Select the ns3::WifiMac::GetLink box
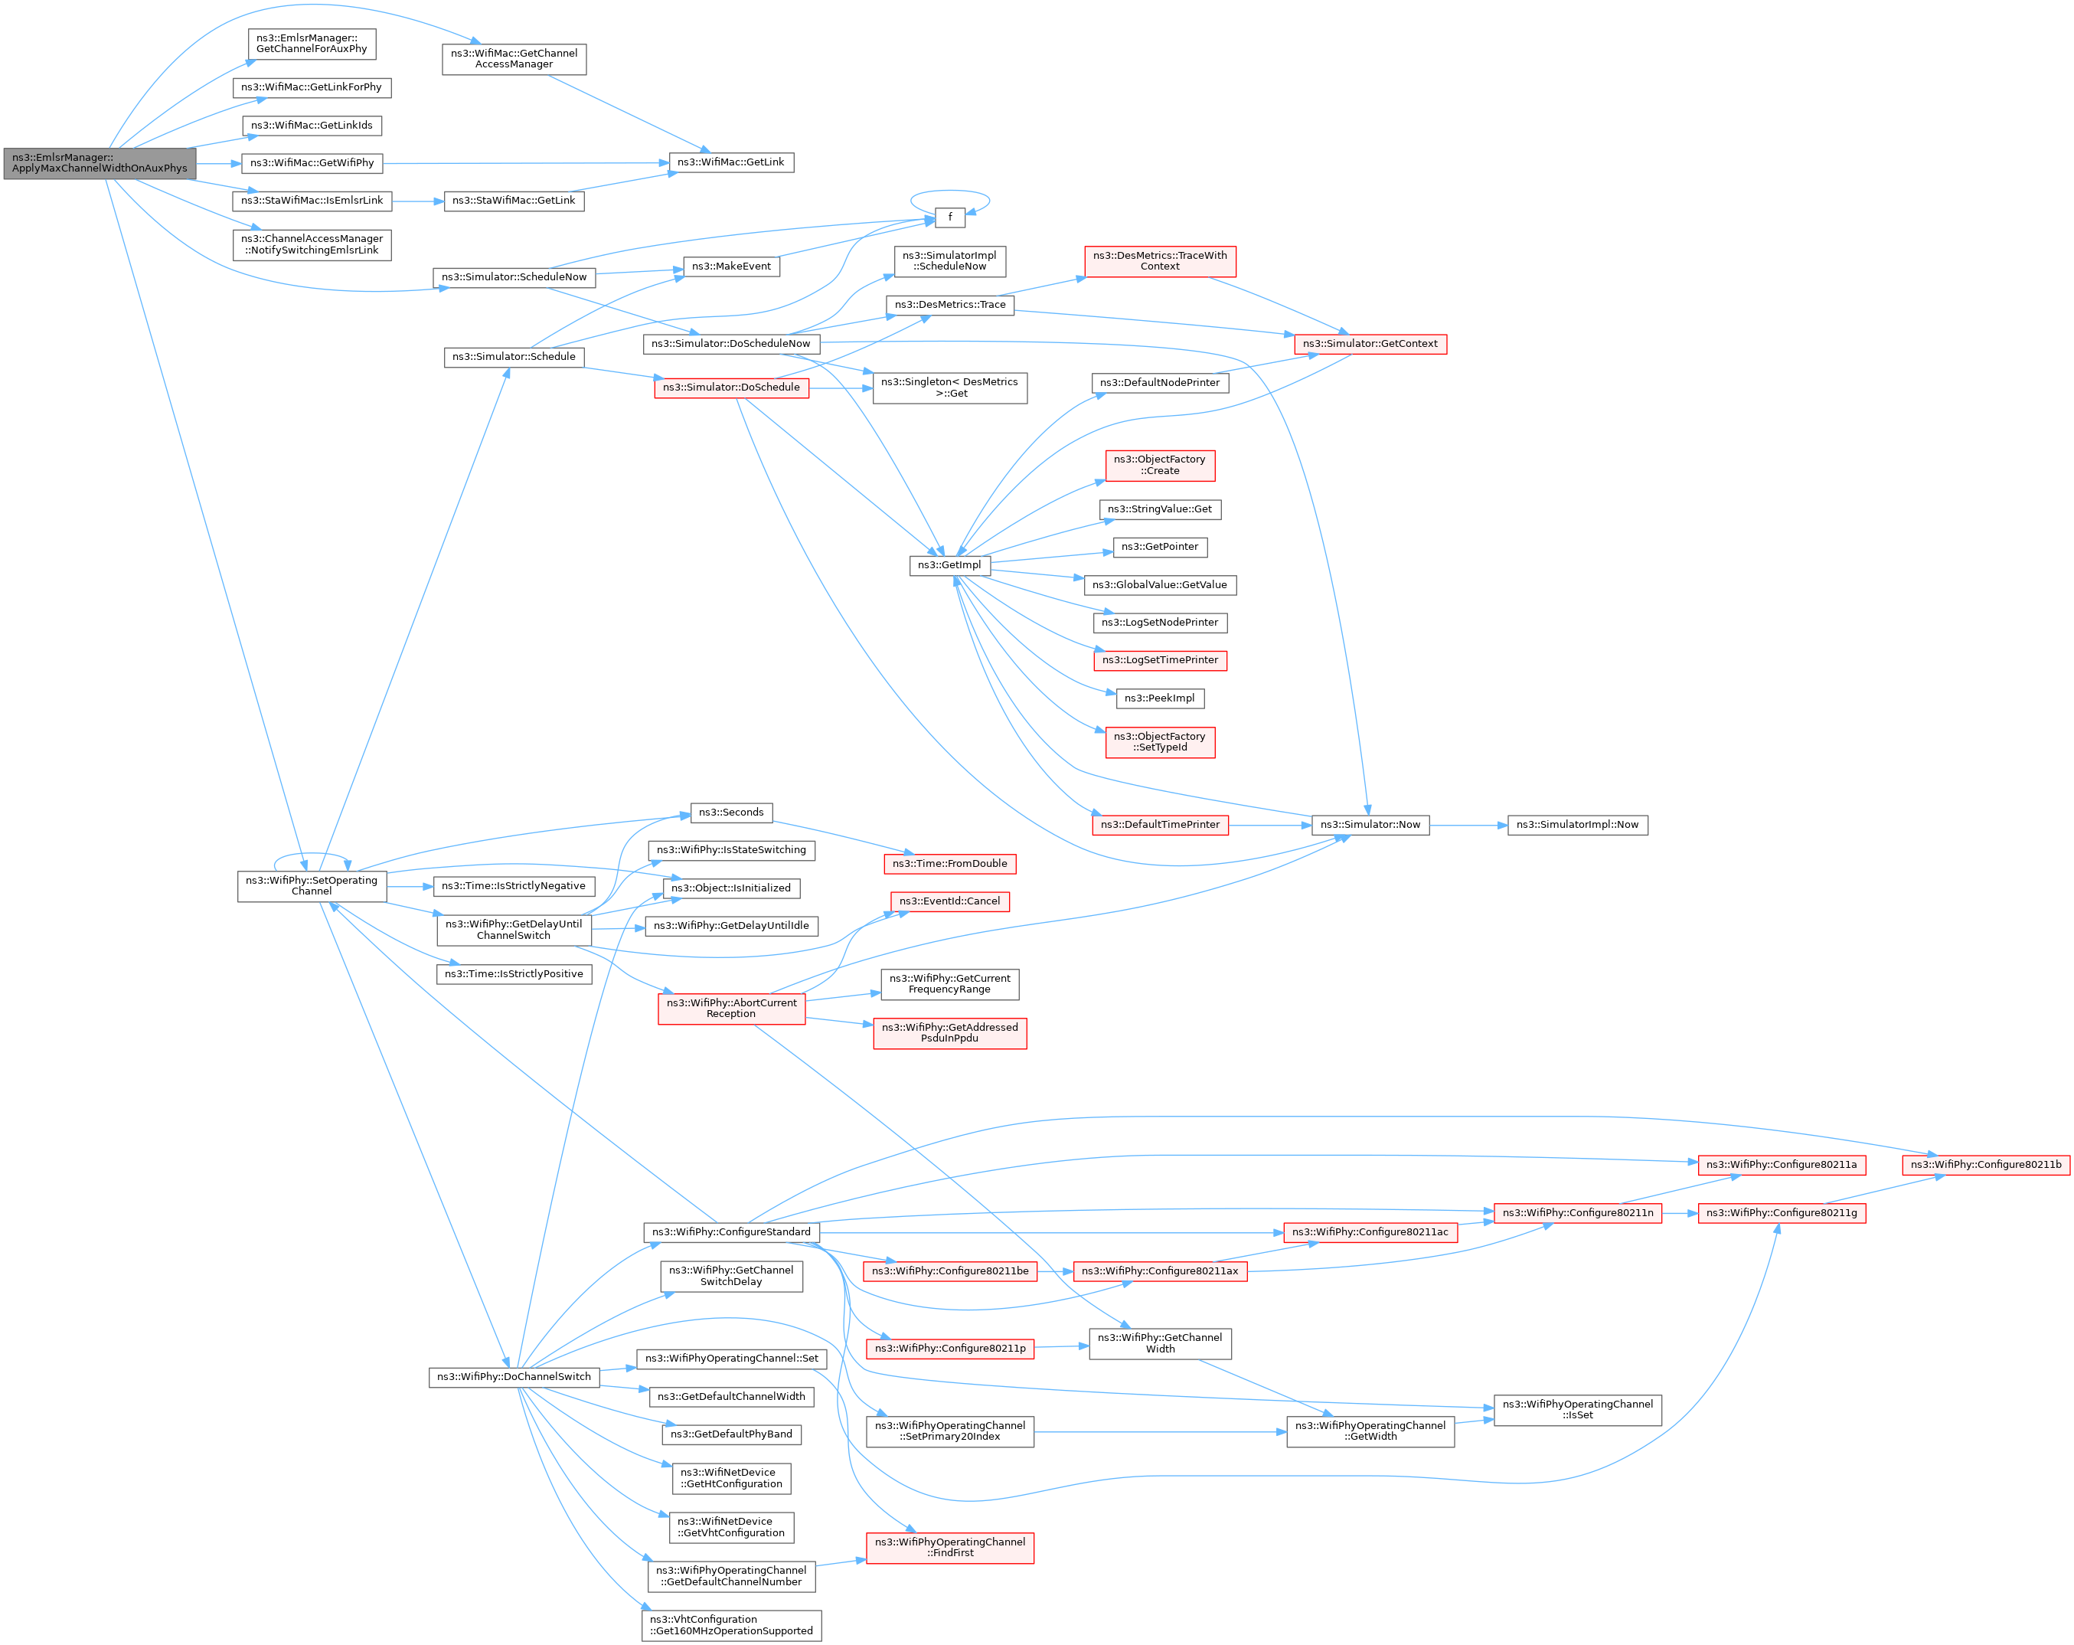tap(731, 162)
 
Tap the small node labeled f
tap(949, 217)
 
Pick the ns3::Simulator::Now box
tap(1370, 826)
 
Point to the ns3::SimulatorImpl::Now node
tap(1576, 826)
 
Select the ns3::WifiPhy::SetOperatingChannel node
tap(312, 886)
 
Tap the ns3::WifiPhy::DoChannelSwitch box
tap(514, 1378)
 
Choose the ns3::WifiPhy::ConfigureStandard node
tap(731, 1232)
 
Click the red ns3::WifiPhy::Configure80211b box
tap(1985, 1165)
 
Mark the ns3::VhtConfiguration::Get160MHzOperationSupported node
tap(731, 1626)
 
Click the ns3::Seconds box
tap(731, 813)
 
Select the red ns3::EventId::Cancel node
tap(949, 901)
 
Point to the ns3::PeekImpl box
tap(1159, 698)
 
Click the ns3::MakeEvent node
tap(731, 267)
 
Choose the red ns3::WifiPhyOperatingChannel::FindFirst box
tap(949, 1548)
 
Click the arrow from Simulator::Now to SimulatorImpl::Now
tap(1468, 826)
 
